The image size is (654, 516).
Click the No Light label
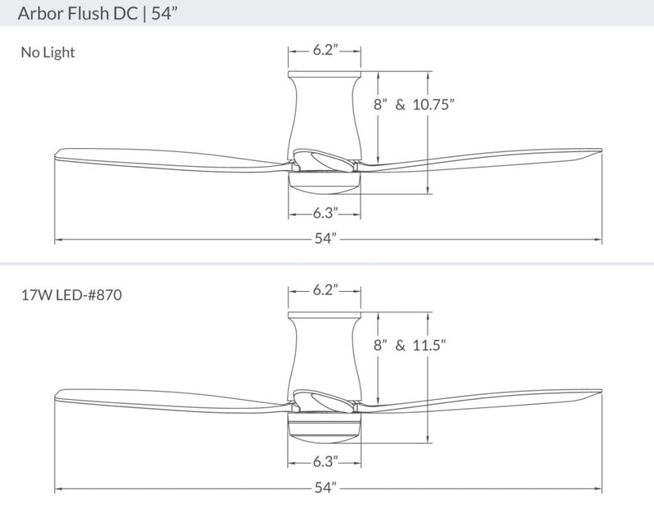[x=47, y=53]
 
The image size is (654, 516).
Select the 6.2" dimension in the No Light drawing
[x=325, y=50]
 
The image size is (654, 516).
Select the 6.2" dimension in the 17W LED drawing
[x=325, y=290]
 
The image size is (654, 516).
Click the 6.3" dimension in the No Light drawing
[x=325, y=214]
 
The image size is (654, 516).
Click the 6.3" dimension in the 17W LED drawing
[x=325, y=461]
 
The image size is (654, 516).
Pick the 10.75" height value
[x=432, y=105]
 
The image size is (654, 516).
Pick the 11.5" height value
[x=430, y=345]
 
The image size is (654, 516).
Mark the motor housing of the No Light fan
[x=325, y=114]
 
